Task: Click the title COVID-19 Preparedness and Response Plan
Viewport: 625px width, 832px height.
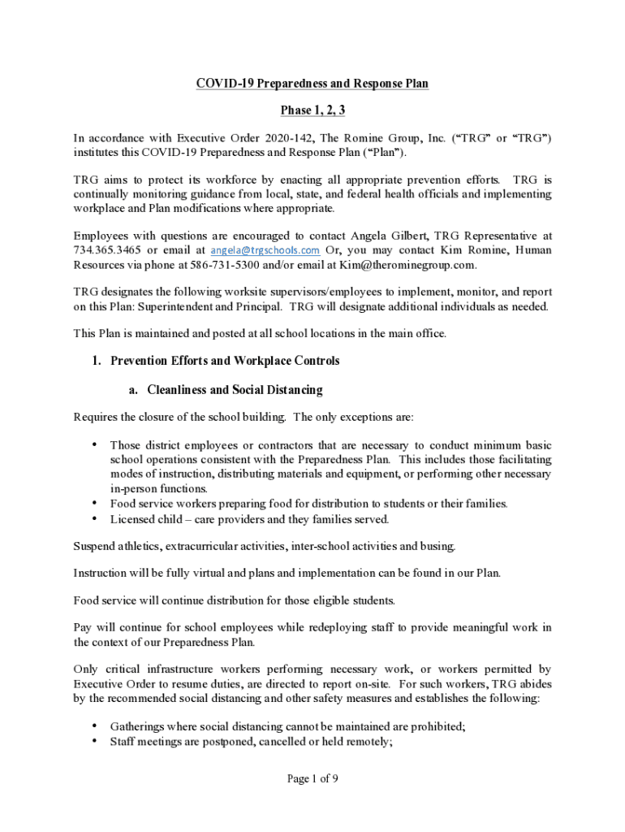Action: point(312,84)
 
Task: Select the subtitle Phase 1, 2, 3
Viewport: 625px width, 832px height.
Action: point(312,110)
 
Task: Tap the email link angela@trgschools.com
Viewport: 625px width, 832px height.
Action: point(265,249)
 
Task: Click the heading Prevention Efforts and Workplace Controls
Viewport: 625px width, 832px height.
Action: point(225,361)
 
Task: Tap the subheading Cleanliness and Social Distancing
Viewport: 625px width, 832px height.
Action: point(235,390)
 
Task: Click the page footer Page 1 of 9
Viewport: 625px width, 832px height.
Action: point(312,779)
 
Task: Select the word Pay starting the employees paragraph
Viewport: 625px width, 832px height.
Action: point(84,627)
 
